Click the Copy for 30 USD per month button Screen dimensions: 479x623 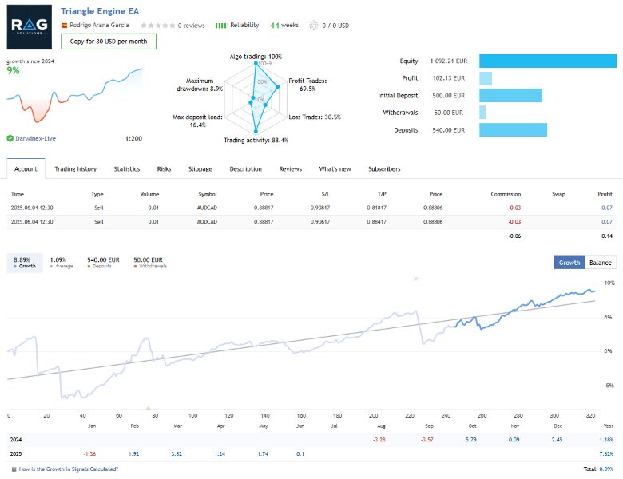coord(108,42)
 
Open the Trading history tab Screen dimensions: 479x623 coord(75,169)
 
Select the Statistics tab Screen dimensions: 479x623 coord(127,169)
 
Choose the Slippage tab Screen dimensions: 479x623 coord(200,169)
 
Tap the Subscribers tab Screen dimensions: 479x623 coord(384,169)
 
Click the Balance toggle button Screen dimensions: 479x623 coord(600,263)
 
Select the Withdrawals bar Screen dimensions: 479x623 coord(482,113)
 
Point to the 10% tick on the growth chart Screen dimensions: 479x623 coord(609,283)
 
